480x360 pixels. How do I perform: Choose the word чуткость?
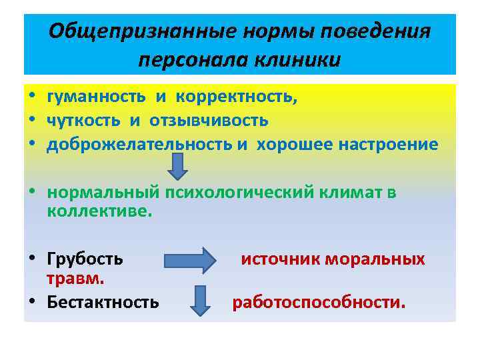coord(85,121)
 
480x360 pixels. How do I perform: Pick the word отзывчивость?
coord(209,121)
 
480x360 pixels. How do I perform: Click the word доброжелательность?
coord(139,145)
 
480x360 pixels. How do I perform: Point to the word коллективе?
coord(99,211)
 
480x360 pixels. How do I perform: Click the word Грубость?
coord(85,259)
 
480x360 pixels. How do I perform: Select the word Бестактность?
coord(103,302)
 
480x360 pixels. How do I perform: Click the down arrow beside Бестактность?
coord(200,300)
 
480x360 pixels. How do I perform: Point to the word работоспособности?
coord(318,303)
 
